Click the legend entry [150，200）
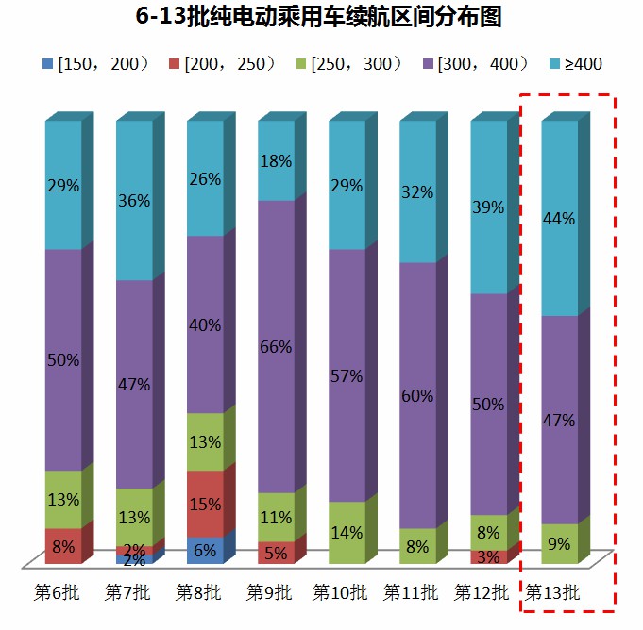94,64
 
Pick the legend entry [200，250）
221,64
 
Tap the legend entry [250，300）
348,64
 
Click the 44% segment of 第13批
559,218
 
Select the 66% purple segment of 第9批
276,346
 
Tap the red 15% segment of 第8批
205,504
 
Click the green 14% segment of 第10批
347,533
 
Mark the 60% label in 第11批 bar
417,395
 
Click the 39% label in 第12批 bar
488,207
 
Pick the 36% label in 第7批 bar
134,200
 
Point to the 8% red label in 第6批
63,545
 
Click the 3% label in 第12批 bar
488,557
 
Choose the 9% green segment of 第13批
559,544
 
